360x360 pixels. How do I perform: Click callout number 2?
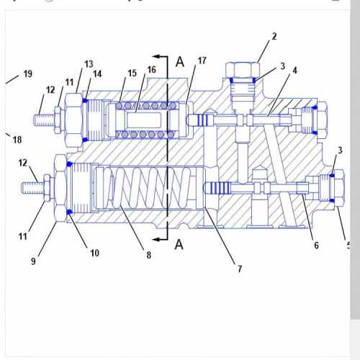[274, 36]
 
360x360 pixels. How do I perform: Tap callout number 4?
[294, 70]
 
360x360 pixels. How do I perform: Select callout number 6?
[315, 246]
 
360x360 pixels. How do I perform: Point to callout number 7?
[240, 269]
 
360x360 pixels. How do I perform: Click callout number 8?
[150, 254]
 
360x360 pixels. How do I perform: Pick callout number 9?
[33, 261]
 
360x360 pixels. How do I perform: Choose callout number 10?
[94, 252]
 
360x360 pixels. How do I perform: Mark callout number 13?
[89, 64]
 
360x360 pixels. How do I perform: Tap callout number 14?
[97, 73]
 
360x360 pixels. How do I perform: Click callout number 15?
[132, 73]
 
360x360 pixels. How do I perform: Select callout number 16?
[152, 69]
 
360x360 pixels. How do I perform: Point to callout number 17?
[202, 61]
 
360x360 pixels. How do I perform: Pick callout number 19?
[28, 73]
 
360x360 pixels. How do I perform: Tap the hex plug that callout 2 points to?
[242, 71]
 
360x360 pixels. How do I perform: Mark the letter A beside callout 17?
[180, 62]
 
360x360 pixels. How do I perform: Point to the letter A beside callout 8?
[179, 244]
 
